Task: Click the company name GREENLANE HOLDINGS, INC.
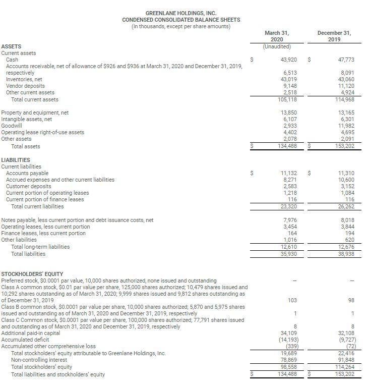click(x=181, y=13)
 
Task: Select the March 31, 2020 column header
click(x=277, y=36)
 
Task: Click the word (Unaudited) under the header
click(x=277, y=46)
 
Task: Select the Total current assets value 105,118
click(x=287, y=99)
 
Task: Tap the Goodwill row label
click(x=12, y=126)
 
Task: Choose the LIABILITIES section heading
click(x=16, y=160)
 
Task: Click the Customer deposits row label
click(x=28, y=186)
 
